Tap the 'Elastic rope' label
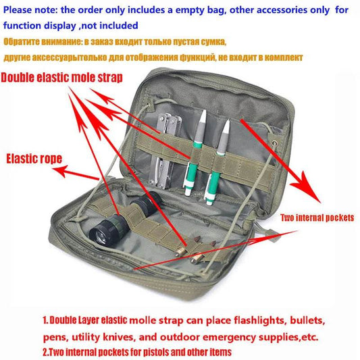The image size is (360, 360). point(34,159)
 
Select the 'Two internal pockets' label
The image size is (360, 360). point(318,217)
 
